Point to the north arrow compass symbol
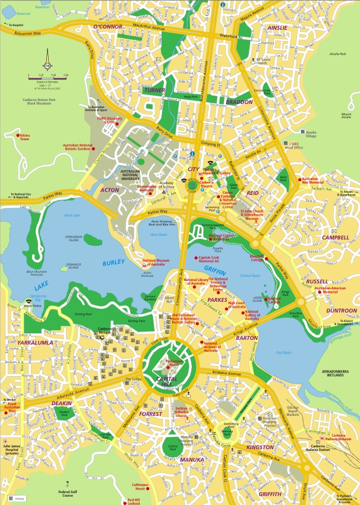click(x=46, y=66)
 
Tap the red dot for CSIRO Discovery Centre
click(x=99, y=119)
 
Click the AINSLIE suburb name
click(x=277, y=27)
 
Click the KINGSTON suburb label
click(x=260, y=447)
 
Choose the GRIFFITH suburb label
click(x=270, y=494)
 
